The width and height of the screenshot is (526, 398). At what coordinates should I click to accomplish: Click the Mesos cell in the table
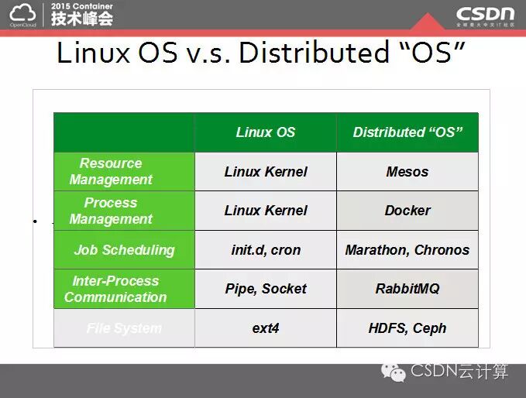point(407,172)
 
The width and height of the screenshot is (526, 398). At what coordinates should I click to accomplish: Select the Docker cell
point(407,211)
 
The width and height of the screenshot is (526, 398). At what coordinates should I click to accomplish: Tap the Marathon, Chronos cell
point(407,250)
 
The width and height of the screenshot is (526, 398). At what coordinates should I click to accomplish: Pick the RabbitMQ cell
point(407,289)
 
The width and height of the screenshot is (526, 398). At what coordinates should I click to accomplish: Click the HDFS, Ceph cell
point(407,328)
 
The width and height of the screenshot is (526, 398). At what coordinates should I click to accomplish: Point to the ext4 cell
point(265,328)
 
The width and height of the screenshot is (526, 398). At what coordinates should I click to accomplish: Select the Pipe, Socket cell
point(265,289)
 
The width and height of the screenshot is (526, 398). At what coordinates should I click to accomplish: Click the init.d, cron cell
point(265,250)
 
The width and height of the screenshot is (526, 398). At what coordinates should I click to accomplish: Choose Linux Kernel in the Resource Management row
point(265,172)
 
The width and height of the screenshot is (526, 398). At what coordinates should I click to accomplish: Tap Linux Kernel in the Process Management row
point(265,211)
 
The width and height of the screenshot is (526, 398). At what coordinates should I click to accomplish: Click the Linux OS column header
point(265,132)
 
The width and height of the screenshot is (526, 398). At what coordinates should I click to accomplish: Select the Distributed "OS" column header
point(407,132)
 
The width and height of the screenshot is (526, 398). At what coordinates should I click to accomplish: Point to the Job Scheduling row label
point(124,250)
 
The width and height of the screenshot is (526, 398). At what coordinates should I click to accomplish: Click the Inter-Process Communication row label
point(115,289)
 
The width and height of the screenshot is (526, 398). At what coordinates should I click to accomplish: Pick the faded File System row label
point(124,328)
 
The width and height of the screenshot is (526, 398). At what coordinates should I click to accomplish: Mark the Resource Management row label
point(111,171)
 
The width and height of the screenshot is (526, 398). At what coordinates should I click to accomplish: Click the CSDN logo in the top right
point(485,14)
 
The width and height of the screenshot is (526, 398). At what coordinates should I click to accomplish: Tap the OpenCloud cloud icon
point(22,12)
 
